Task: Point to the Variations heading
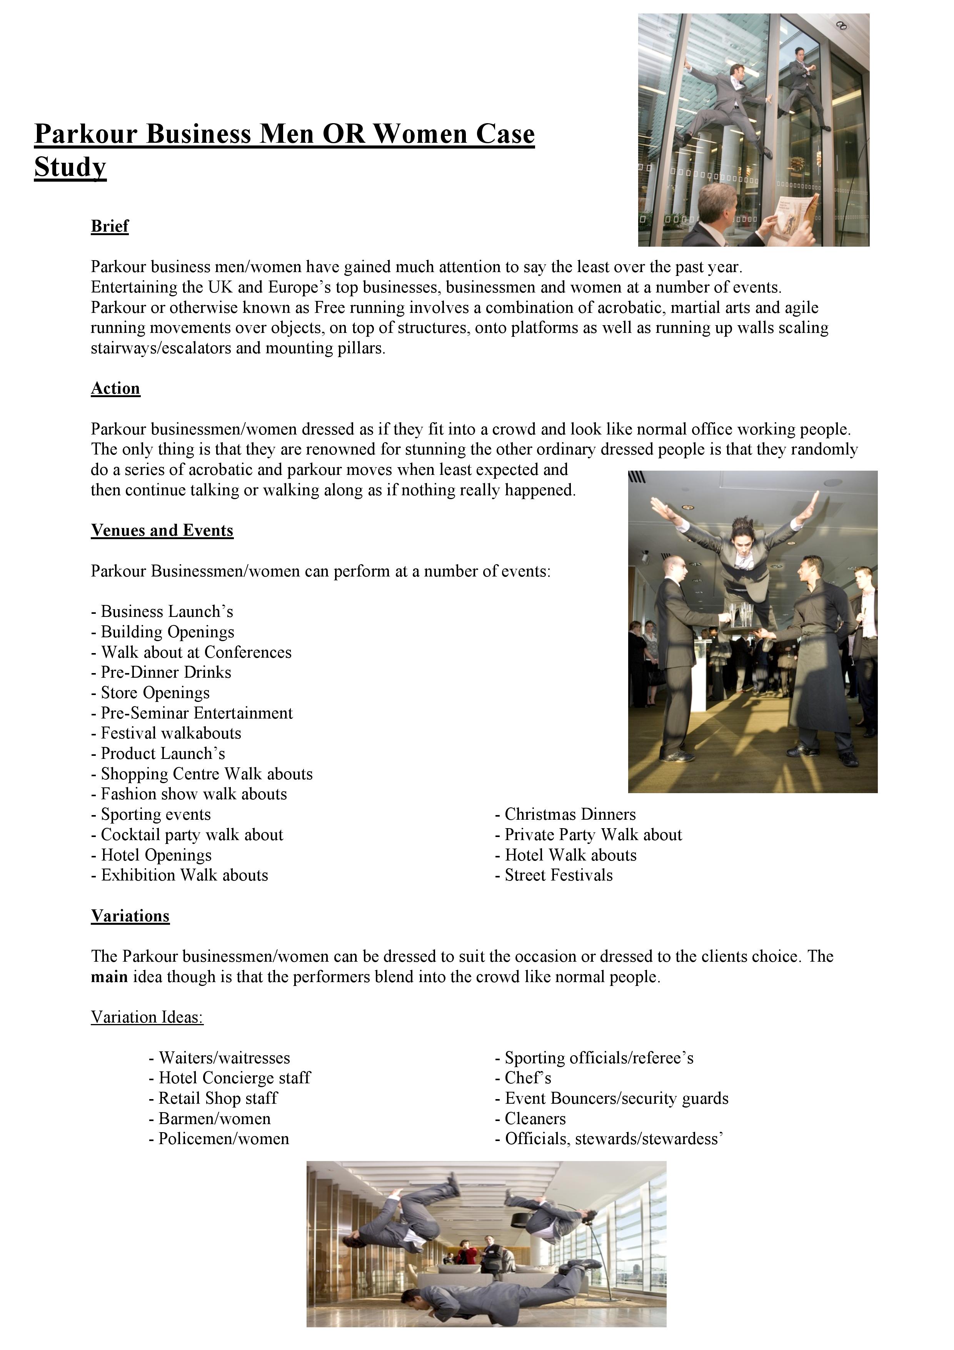(x=130, y=916)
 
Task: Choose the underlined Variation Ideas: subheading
(x=147, y=1017)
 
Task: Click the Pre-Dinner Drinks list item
(x=161, y=672)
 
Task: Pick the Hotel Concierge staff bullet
(x=229, y=1078)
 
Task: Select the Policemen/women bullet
(x=218, y=1138)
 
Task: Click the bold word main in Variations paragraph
(x=109, y=977)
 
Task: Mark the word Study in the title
(x=70, y=167)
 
